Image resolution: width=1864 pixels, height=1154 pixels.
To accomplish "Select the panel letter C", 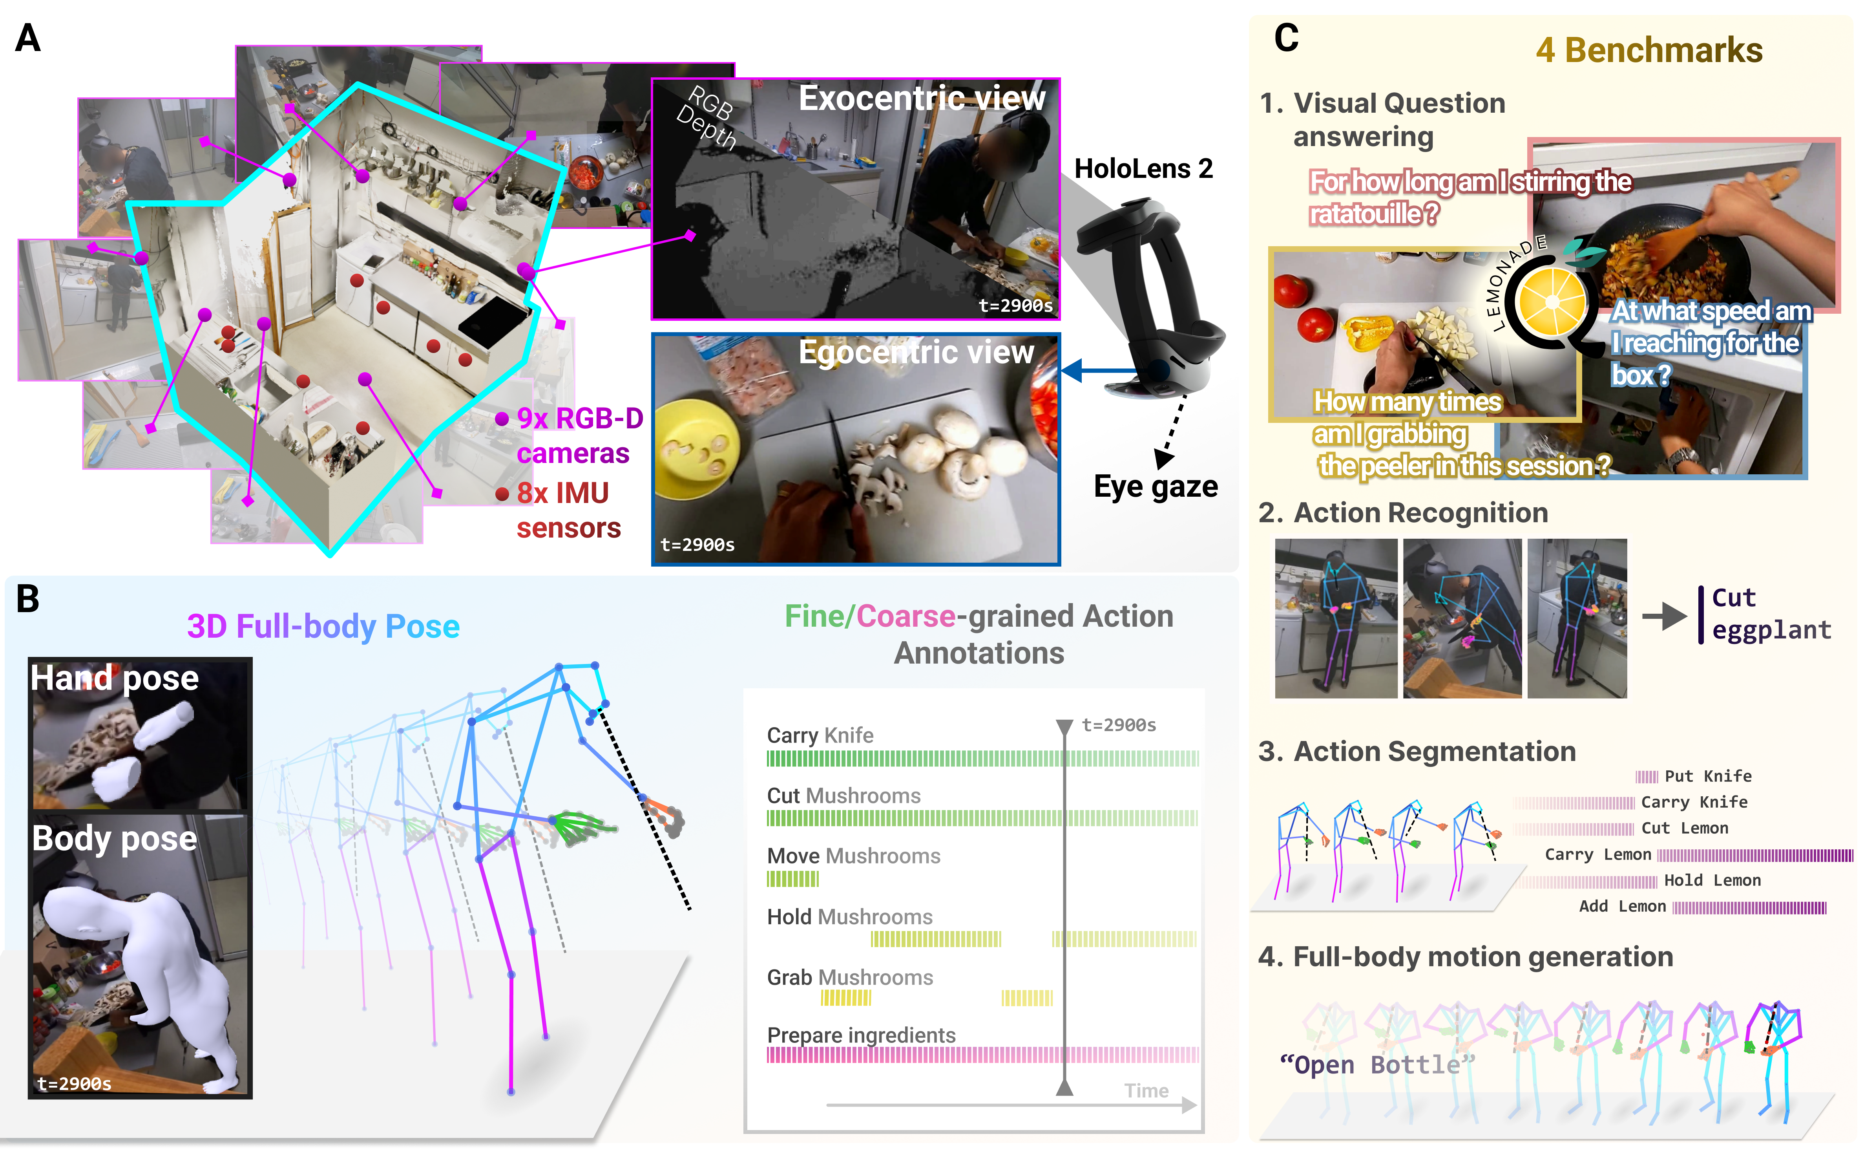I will pos(1286,38).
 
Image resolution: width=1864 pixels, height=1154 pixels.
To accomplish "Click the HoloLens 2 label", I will pos(1143,169).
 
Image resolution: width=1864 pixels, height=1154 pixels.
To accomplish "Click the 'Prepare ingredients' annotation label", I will pos(861,1035).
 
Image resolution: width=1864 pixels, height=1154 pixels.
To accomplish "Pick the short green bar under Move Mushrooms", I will pos(792,879).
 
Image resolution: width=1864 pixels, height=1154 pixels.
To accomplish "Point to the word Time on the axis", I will pos(1146,1091).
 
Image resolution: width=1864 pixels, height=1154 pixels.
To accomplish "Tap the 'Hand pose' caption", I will pos(115,678).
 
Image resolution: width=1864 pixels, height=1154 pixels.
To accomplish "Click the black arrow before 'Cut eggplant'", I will pos(1663,615).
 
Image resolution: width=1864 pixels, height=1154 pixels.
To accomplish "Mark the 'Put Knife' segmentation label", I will pos(1707,776).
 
